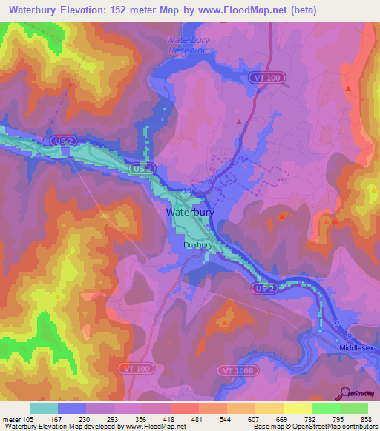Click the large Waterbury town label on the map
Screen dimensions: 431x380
[191, 212]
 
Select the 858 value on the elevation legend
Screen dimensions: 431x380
[366, 418]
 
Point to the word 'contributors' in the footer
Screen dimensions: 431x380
[356, 427]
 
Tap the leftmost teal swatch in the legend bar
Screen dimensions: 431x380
[43, 408]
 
